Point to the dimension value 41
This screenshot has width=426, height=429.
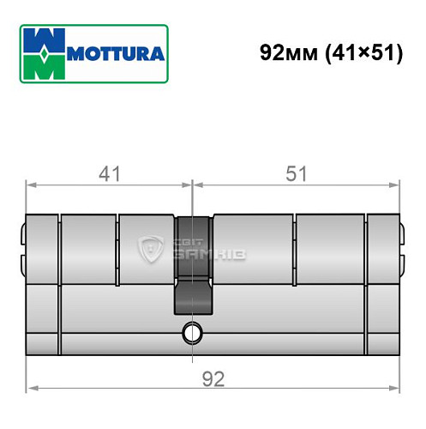click(x=109, y=173)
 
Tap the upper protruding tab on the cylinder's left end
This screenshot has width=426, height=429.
click(x=21, y=233)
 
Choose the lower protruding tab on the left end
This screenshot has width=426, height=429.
click(x=21, y=261)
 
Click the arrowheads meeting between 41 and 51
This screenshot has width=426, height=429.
click(x=193, y=184)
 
